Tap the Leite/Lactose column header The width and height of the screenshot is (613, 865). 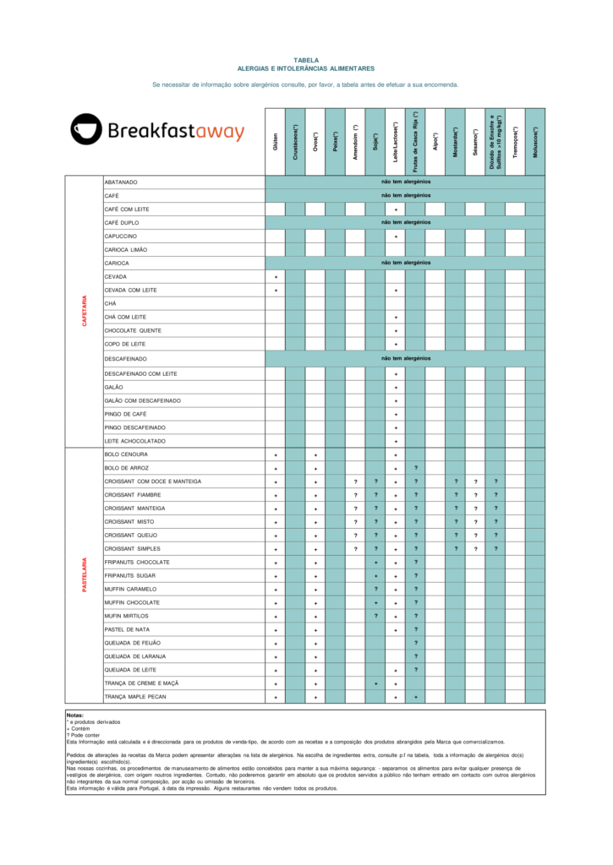(x=396, y=136)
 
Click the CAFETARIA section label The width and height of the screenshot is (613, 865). (x=85, y=311)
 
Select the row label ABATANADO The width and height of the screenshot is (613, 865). (x=121, y=182)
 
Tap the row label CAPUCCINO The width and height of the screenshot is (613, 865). (x=121, y=237)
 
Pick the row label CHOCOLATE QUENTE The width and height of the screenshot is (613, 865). (x=133, y=330)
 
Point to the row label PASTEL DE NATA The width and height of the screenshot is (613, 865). (x=128, y=629)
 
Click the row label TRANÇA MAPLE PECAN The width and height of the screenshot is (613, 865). (x=135, y=697)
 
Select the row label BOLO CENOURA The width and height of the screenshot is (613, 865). (x=126, y=454)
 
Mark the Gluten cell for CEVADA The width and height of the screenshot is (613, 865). (x=276, y=277)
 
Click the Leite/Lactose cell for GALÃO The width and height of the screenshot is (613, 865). (x=396, y=387)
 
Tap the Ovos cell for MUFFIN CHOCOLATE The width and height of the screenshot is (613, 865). (x=315, y=603)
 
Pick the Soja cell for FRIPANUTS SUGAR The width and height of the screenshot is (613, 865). (x=375, y=576)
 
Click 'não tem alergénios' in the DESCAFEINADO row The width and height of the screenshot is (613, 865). (x=406, y=358)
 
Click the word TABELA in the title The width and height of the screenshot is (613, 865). (x=306, y=61)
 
